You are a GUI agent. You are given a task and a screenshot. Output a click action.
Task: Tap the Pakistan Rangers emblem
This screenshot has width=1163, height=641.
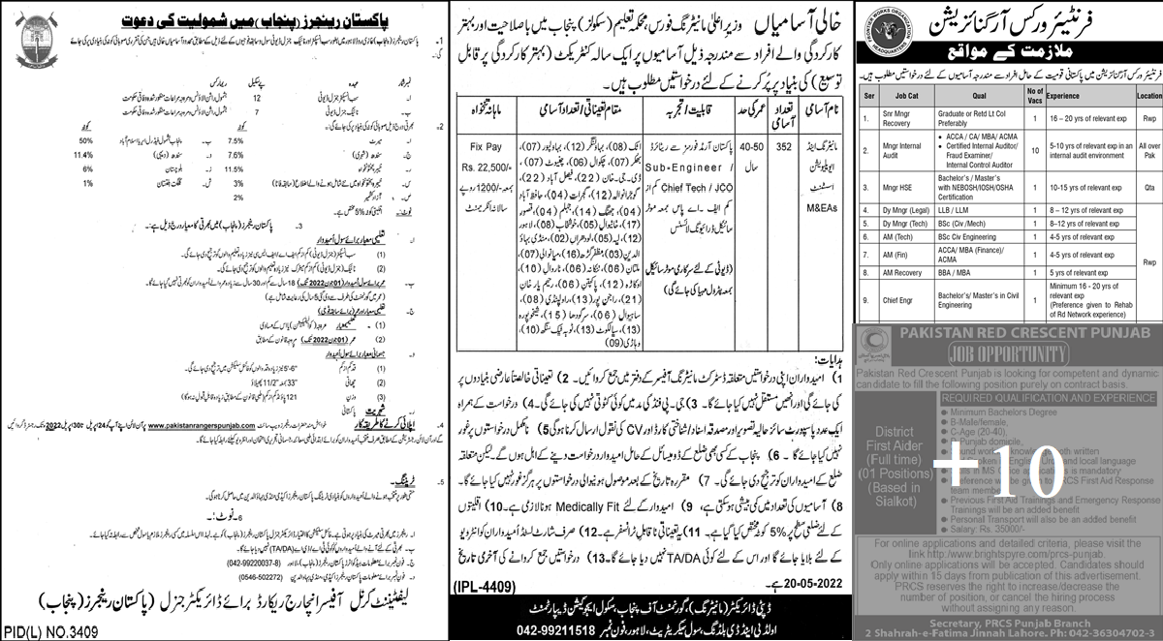click(x=31, y=29)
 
